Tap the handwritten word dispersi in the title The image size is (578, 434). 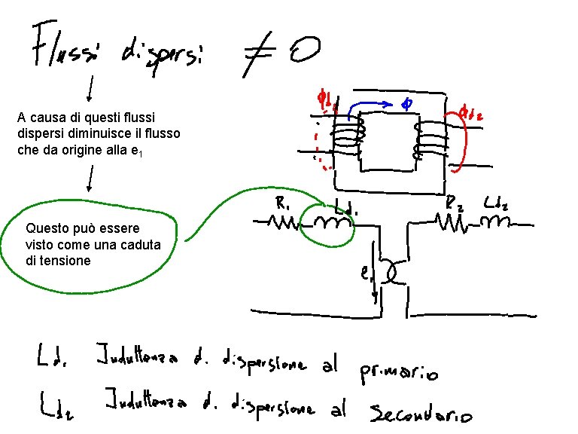coord(165,53)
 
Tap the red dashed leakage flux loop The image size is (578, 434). coord(321,143)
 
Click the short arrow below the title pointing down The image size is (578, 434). coord(90,90)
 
